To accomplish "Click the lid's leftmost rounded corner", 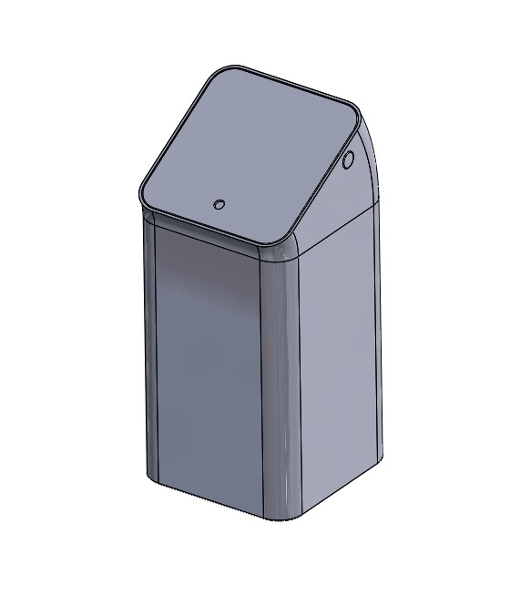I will (x=143, y=194).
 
